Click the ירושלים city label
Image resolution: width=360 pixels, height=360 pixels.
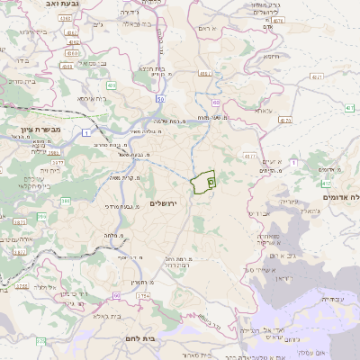pyautogui.click(x=165, y=204)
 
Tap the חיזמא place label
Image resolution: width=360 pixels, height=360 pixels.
pyautogui.click(x=273, y=56)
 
